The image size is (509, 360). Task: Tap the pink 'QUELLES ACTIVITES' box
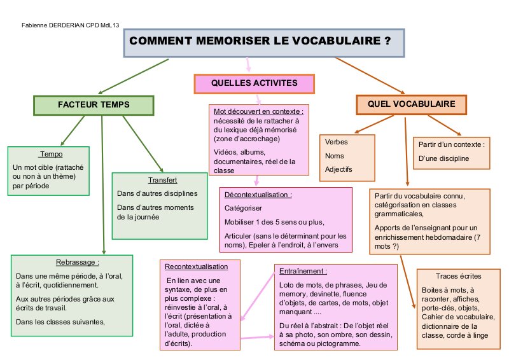click(x=254, y=83)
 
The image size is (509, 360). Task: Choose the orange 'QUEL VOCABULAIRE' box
click(x=411, y=103)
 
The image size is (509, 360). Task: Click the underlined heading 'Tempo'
click(x=50, y=155)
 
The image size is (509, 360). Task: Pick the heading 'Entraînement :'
click(x=303, y=270)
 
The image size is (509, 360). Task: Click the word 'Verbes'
click(x=337, y=142)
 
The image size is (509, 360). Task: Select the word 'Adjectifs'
click(x=338, y=169)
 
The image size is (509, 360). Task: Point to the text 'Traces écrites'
click(x=459, y=276)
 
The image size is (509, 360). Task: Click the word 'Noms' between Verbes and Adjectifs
click(x=333, y=156)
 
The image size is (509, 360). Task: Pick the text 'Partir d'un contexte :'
click(x=451, y=144)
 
